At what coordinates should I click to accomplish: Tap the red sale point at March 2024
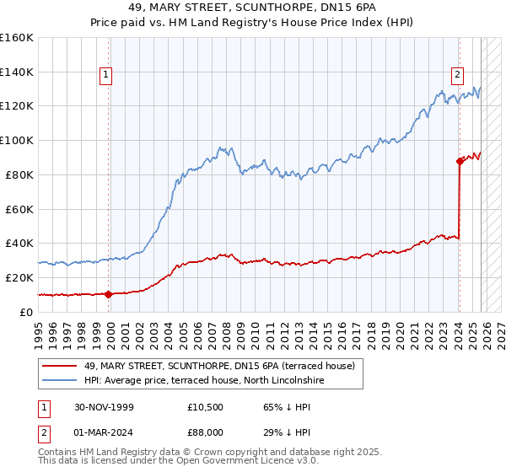[x=460, y=160]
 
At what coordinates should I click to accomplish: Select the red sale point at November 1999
[x=109, y=293]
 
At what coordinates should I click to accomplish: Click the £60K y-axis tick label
[x=19, y=208]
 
